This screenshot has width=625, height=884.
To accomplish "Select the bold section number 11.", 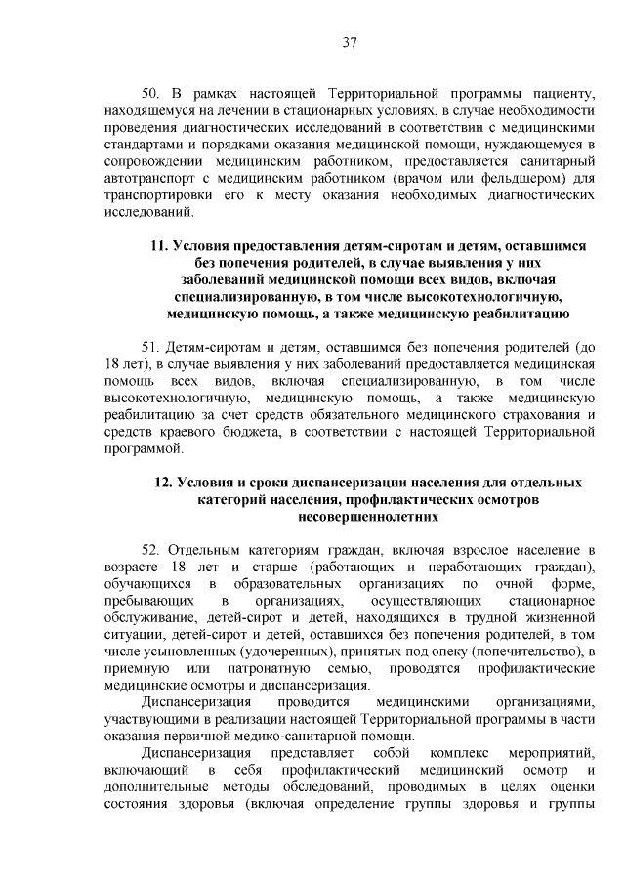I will pos(158,246).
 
